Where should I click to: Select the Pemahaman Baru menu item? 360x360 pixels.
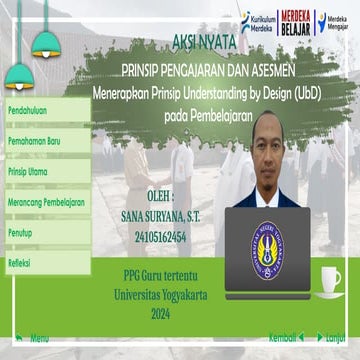pos(34,141)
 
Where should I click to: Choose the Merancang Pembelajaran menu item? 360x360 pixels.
pos(45,201)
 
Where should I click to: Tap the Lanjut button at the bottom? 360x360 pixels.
pos(334,338)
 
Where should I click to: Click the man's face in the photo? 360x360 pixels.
pos(273,155)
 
